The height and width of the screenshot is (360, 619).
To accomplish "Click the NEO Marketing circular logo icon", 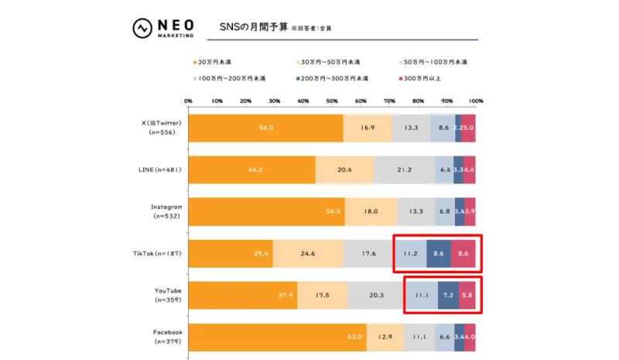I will tap(143, 29).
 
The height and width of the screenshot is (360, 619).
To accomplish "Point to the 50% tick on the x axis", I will tap(332, 101).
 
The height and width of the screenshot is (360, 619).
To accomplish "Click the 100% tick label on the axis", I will tap(475, 101).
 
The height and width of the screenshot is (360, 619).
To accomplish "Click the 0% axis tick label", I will tap(188, 101).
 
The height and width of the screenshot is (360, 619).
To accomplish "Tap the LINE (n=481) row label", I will tap(159, 170).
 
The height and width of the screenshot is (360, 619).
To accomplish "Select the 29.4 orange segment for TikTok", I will tap(231, 253).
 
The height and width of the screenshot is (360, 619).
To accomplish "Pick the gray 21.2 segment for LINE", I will tap(404, 170).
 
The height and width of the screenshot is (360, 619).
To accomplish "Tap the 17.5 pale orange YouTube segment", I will tap(322, 295).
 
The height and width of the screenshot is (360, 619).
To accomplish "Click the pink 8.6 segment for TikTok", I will tap(463, 253).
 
